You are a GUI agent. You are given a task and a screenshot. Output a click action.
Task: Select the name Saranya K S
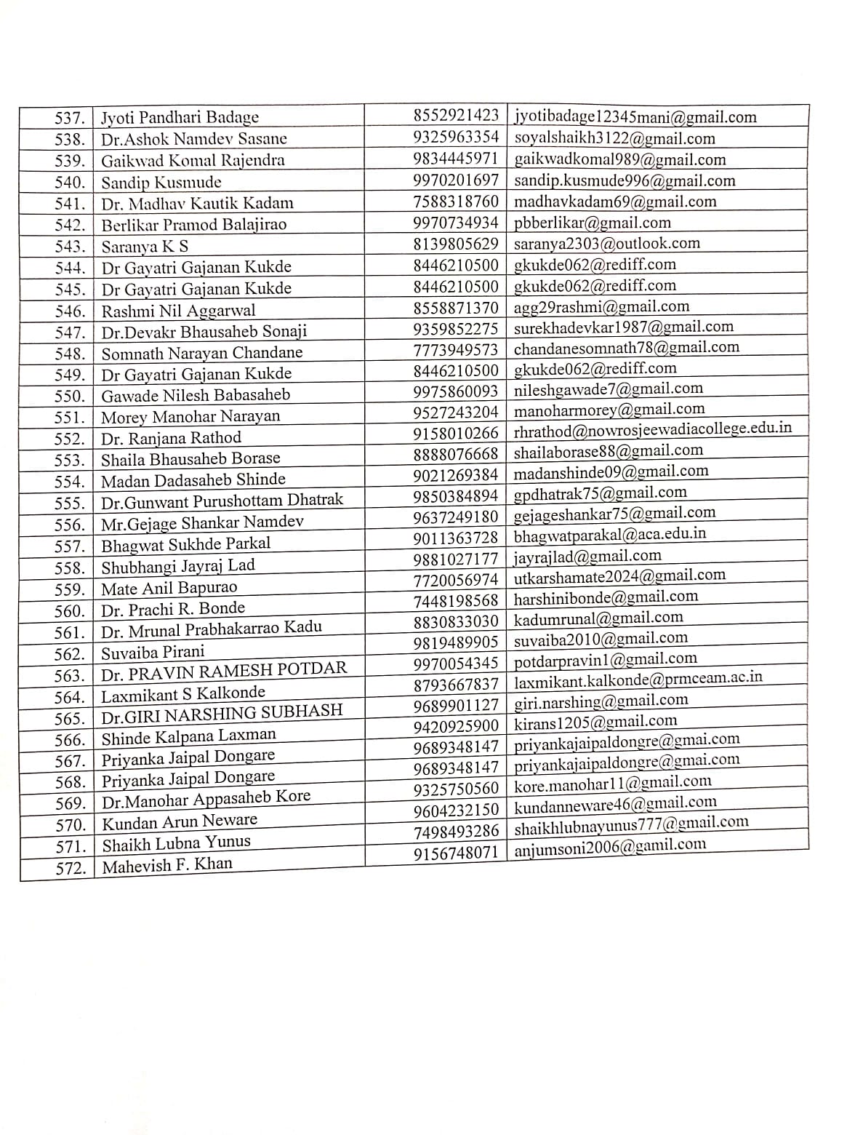(x=145, y=247)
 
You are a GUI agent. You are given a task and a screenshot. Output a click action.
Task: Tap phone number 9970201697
(x=456, y=180)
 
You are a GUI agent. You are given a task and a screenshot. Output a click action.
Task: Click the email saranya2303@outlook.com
(x=607, y=244)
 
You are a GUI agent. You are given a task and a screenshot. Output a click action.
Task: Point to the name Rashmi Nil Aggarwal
(x=178, y=311)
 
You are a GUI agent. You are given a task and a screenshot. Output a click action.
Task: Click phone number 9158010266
(x=456, y=433)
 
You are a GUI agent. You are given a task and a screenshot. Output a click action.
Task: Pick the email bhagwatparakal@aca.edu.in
(x=610, y=534)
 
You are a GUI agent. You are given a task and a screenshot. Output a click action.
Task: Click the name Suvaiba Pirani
(x=153, y=652)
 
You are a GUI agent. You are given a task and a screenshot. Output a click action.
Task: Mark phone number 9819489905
(x=456, y=642)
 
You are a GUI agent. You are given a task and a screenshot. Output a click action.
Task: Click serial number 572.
(x=71, y=868)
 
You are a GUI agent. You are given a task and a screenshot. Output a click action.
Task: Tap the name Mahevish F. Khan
(x=167, y=866)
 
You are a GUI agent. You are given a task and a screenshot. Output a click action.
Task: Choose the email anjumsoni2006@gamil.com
(x=610, y=846)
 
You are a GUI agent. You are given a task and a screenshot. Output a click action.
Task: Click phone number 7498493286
(x=456, y=831)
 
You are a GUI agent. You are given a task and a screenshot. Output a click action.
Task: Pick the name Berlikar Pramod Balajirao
(x=193, y=225)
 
